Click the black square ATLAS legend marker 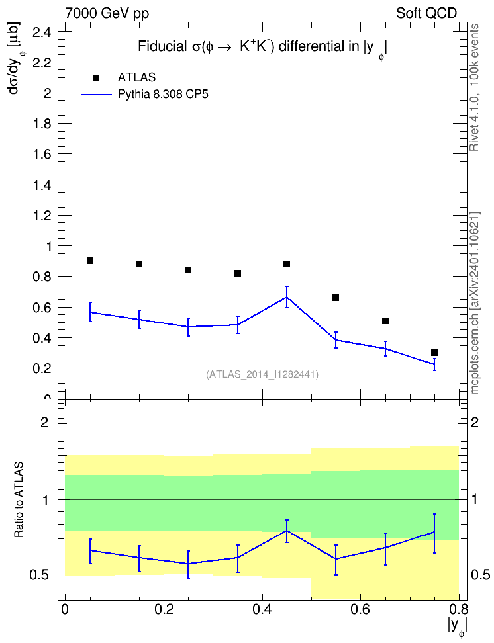click(x=96, y=78)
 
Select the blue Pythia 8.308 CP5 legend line click(x=96, y=95)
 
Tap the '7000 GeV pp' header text click(x=107, y=13)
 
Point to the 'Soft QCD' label click(x=426, y=13)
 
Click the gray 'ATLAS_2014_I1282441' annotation click(x=262, y=374)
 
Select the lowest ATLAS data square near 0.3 click(x=434, y=353)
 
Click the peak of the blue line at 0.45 click(x=287, y=297)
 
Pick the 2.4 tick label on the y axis click(x=42, y=32)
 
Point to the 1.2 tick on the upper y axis click(x=42, y=216)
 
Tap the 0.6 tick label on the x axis click(x=360, y=609)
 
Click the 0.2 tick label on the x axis click(x=164, y=609)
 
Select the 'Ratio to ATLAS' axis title click(x=19, y=500)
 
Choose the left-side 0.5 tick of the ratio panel click(x=40, y=576)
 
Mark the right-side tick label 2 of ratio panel click(x=475, y=422)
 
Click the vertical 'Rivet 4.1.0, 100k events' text click(x=474, y=87)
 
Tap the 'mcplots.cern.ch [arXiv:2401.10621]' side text click(x=474, y=304)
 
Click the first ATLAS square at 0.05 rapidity click(x=90, y=261)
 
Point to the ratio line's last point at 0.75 click(x=434, y=533)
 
